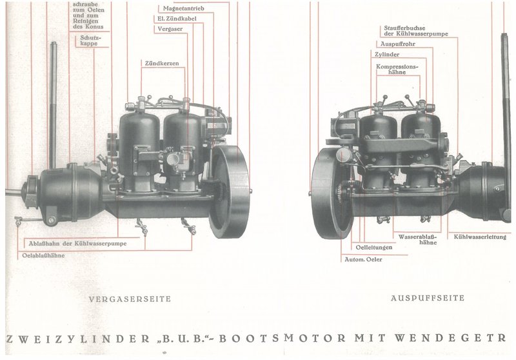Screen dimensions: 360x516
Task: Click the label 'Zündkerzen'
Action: (161, 64)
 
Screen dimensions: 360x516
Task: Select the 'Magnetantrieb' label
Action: (183, 8)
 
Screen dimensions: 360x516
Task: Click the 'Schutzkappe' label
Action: (89, 42)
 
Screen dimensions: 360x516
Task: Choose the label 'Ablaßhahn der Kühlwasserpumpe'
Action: (82, 243)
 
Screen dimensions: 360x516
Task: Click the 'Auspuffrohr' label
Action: (393, 44)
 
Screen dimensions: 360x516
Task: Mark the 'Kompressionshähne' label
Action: (395, 69)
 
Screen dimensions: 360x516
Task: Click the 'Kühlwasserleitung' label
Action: (479, 236)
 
